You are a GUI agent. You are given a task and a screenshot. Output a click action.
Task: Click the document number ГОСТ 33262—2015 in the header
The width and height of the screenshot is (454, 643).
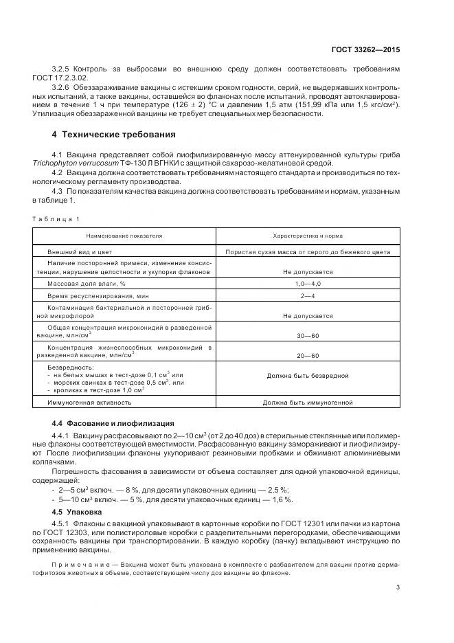point(372,50)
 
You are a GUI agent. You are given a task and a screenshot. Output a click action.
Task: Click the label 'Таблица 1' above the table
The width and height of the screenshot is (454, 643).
point(56,218)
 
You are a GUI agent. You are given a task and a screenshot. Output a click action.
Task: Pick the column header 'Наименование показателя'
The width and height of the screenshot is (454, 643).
point(124,235)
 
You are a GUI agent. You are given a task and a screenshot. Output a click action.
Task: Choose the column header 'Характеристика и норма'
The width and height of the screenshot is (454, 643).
point(307,235)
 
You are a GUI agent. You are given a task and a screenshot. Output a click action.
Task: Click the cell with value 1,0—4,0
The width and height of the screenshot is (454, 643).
point(307,283)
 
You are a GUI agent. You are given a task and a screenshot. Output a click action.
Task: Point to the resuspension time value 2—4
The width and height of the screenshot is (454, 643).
point(307,295)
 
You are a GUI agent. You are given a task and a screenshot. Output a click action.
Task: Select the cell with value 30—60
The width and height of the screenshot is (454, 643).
point(307,335)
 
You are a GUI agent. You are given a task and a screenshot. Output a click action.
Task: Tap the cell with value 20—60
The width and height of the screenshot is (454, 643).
point(307,355)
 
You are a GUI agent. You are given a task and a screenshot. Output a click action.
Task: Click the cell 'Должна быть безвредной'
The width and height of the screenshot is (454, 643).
point(307,376)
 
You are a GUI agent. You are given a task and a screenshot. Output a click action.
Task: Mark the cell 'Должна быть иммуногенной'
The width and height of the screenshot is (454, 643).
point(307,402)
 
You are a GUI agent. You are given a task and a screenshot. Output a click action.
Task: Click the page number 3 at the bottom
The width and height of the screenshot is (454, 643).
point(397,587)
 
